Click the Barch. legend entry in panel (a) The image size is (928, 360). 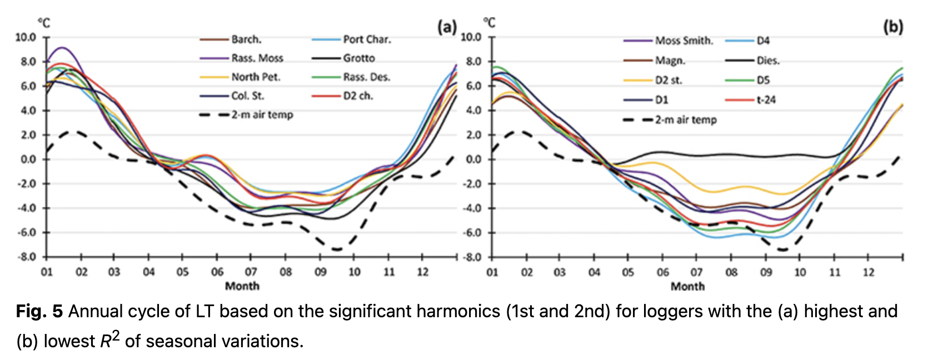[x=246, y=39]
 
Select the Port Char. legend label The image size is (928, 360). [x=367, y=39]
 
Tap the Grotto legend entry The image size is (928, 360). [x=358, y=58]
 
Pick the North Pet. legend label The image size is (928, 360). [x=256, y=77]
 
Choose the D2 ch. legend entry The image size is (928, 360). [x=358, y=96]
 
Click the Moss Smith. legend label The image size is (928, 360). [x=683, y=41]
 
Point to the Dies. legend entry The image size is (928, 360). [x=768, y=61]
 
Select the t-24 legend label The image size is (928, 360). [x=766, y=100]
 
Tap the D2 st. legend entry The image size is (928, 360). [x=668, y=81]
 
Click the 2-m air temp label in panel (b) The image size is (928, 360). [x=686, y=120]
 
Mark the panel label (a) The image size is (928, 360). [x=447, y=26]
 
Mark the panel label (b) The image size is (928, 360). [x=893, y=26]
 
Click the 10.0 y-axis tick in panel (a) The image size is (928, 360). [x=26, y=37]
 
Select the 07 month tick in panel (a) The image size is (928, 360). [x=251, y=272]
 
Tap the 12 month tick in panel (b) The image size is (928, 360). [x=869, y=273]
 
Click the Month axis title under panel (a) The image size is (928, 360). [x=242, y=286]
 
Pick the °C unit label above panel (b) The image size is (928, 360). [x=489, y=23]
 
